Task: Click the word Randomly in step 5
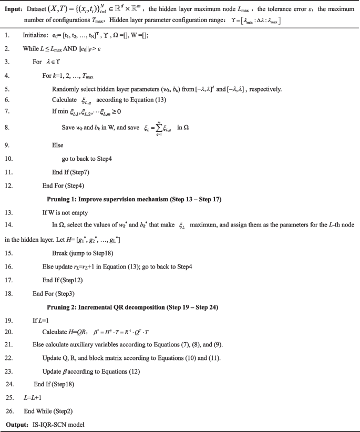(x=65, y=89)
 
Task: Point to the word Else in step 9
(x=58, y=143)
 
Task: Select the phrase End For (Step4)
(x=64, y=186)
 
